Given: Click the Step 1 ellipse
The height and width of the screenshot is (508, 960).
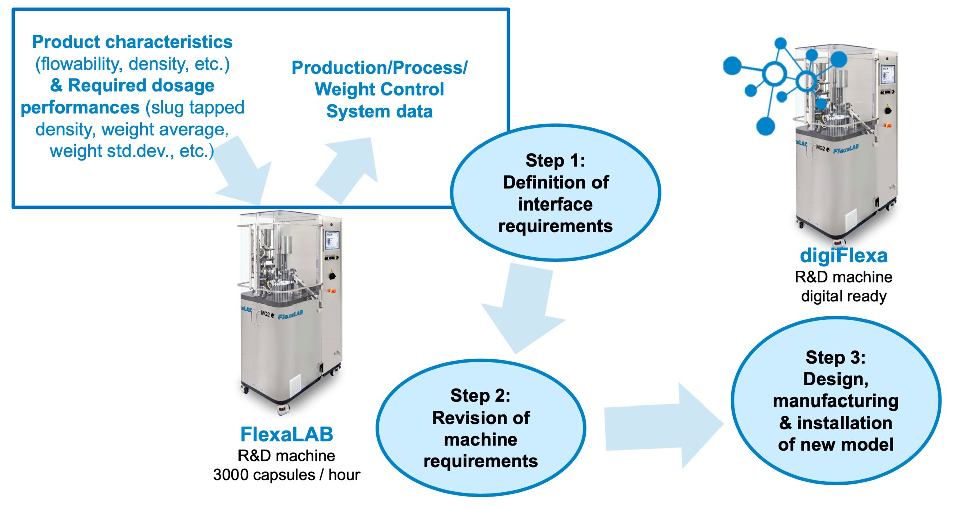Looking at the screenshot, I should (x=555, y=193).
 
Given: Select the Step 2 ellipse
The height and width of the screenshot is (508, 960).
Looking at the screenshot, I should (x=481, y=428).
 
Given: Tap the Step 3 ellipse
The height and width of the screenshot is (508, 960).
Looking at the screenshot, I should (x=835, y=400).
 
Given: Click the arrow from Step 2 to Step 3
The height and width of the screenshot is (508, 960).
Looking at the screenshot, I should (x=663, y=425).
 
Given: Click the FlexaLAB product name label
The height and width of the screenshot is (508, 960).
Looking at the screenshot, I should (x=287, y=434).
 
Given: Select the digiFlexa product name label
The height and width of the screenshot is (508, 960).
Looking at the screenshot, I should (x=844, y=256).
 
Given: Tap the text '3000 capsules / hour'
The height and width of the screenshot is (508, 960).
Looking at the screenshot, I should (x=287, y=475).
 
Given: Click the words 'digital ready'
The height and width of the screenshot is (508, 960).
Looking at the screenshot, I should (x=844, y=296).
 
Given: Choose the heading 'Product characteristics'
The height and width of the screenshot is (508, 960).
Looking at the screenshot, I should (x=133, y=42).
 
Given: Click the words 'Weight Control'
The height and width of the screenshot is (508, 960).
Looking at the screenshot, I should (x=380, y=89).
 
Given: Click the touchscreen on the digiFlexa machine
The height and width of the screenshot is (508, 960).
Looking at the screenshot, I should (x=887, y=74).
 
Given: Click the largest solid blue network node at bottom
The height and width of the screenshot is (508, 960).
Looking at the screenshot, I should (x=766, y=126).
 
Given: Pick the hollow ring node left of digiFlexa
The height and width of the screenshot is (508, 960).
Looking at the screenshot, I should (x=774, y=74).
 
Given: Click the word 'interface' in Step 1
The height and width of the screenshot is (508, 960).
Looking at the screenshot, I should (x=555, y=205).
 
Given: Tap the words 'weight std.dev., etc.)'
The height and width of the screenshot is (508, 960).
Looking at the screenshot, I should (x=132, y=151).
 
